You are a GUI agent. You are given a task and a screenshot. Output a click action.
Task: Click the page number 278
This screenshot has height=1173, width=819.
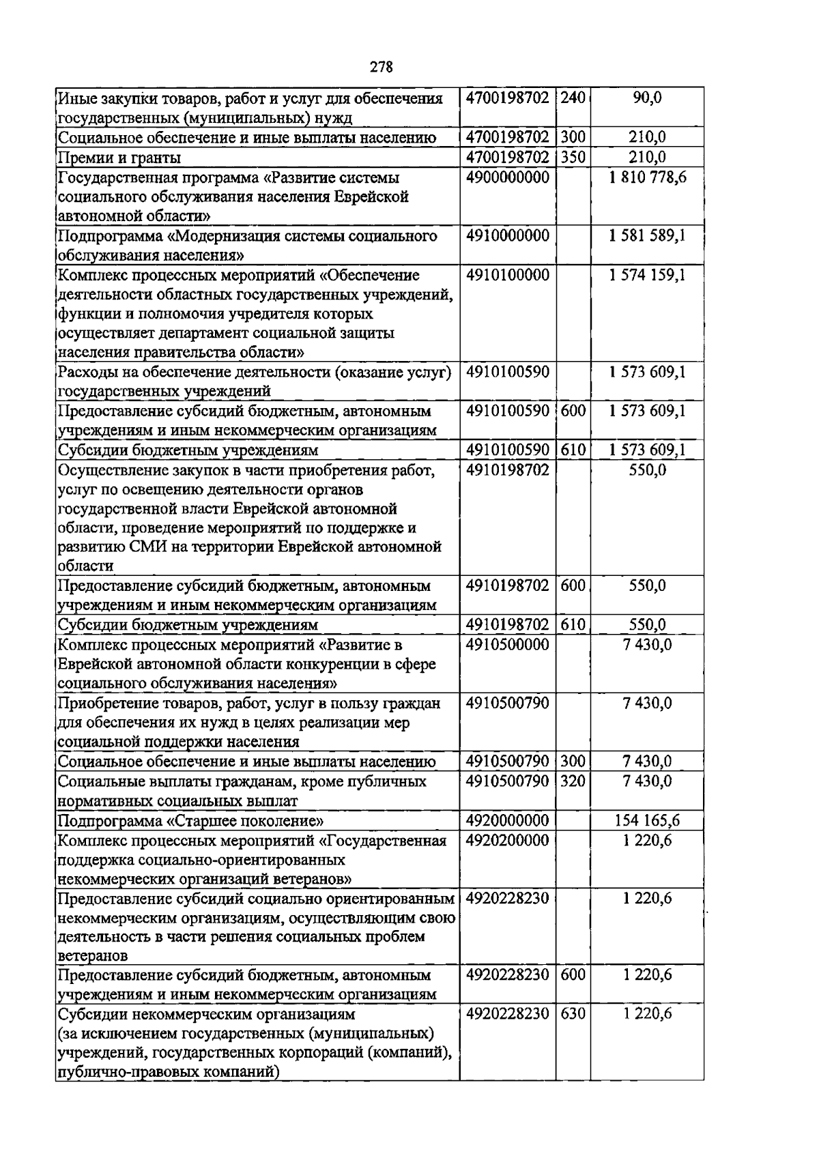click(x=381, y=67)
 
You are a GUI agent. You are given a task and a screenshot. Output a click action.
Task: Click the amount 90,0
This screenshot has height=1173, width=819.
click(x=646, y=98)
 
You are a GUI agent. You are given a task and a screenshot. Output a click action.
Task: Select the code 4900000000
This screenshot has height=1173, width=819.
click(x=507, y=178)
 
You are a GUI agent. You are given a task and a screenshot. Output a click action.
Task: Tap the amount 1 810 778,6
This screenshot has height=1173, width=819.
click(x=646, y=178)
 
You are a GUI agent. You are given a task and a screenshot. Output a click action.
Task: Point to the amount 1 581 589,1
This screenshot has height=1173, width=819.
click(x=646, y=236)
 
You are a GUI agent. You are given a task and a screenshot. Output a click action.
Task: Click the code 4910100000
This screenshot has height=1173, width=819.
click(x=507, y=275)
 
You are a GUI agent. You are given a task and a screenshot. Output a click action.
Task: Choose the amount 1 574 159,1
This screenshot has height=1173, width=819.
click(x=646, y=275)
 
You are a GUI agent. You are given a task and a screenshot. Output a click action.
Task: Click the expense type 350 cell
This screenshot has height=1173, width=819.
click(x=573, y=158)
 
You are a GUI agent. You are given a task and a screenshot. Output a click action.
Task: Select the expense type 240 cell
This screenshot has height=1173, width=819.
click(x=573, y=98)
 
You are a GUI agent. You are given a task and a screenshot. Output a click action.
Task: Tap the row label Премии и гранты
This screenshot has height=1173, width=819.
click(x=119, y=158)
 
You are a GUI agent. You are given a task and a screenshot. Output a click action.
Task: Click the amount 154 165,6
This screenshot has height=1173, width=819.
click(x=646, y=820)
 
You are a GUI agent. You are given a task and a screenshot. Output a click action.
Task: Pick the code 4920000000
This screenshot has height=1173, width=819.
click(x=507, y=820)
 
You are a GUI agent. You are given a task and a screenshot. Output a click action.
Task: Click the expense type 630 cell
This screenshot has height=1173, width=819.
click(x=573, y=1014)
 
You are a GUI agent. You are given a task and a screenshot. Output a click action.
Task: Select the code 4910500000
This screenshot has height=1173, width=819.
click(x=507, y=645)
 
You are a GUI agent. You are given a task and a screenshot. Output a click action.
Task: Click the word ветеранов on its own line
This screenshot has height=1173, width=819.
click(x=93, y=956)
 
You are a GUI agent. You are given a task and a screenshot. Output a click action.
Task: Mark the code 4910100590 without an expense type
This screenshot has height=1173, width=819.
click(x=507, y=373)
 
